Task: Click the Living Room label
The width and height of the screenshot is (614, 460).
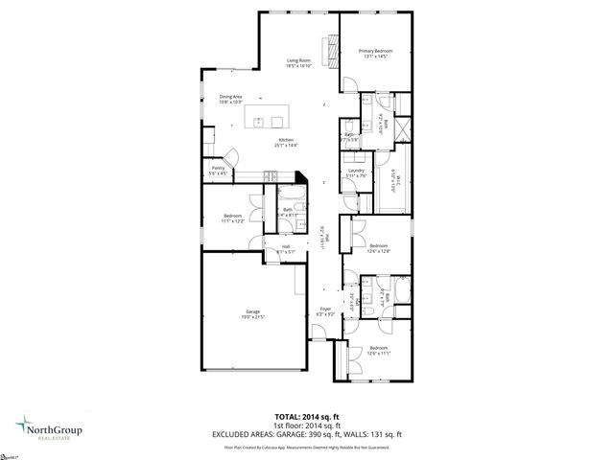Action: click(x=298, y=59)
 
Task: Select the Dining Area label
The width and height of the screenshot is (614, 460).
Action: click(x=229, y=96)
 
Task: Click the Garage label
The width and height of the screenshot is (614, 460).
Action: click(x=253, y=311)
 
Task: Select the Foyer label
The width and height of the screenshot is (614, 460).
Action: click(x=325, y=310)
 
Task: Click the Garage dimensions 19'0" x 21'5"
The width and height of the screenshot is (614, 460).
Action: click(x=253, y=317)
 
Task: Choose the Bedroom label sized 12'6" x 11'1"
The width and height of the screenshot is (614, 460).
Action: click(x=378, y=348)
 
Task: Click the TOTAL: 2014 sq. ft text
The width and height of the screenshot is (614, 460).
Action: click(x=306, y=416)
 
